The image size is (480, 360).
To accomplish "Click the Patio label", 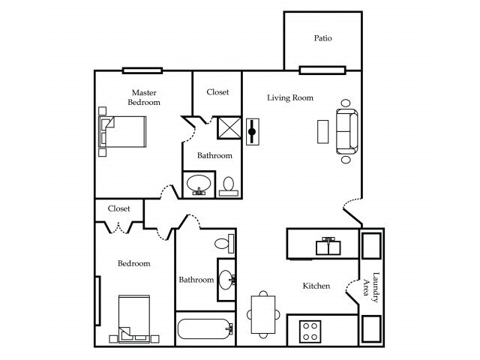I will click(x=322, y=38).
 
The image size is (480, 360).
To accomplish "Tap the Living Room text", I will click(x=290, y=97).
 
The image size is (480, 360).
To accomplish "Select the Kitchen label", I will click(x=316, y=286).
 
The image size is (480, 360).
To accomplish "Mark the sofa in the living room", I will click(x=346, y=131).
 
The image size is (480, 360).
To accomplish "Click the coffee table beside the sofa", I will click(x=322, y=131).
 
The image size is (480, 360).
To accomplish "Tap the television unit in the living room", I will click(x=253, y=132).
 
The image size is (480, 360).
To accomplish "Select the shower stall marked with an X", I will click(x=228, y=128).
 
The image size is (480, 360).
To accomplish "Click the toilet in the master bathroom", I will click(x=229, y=184).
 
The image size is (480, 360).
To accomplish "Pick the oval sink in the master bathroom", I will click(x=199, y=184).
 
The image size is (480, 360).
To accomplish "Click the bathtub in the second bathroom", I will click(x=205, y=329).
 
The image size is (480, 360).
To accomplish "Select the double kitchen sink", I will click(x=328, y=245).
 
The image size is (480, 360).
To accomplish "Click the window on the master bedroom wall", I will click(x=142, y=70).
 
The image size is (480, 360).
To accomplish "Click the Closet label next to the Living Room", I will click(x=217, y=92).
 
